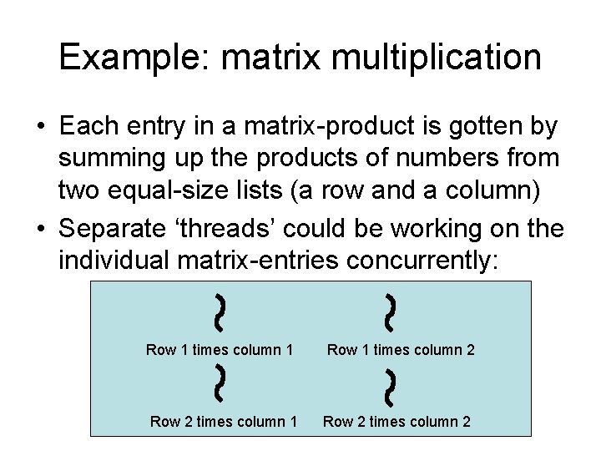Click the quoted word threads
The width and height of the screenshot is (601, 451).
(240, 228)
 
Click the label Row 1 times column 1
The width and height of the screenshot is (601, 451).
(219, 350)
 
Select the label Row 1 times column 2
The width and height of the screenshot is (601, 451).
(401, 350)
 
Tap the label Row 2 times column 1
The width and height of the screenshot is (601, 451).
(223, 422)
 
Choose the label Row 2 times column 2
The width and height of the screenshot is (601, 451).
(397, 422)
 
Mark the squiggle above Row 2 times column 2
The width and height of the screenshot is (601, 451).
(391, 383)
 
